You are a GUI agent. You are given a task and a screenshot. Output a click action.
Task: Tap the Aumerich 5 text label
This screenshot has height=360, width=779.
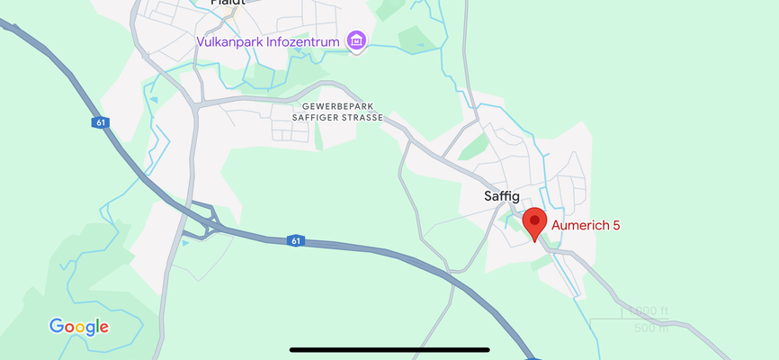(586, 225)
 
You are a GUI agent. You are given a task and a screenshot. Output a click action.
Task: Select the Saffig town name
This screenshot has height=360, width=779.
(503, 197)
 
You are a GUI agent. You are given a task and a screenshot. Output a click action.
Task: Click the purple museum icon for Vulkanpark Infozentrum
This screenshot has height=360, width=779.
(357, 40)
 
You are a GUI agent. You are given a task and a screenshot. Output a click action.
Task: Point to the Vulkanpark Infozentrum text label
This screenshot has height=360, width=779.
(269, 41)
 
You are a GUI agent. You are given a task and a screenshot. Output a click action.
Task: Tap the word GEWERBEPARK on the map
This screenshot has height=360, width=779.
(336, 106)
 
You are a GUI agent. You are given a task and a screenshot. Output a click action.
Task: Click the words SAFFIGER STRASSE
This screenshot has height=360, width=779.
(338, 118)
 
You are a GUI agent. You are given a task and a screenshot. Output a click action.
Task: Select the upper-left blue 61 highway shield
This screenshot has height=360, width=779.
(100, 122)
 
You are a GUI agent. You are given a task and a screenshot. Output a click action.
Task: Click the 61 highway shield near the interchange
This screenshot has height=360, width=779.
(296, 240)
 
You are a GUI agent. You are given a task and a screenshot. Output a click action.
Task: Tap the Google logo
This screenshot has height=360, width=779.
(79, 327)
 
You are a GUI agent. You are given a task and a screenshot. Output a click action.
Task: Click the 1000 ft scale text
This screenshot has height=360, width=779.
(649, 311)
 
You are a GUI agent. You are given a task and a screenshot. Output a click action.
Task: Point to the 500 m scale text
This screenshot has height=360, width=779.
(652, 328)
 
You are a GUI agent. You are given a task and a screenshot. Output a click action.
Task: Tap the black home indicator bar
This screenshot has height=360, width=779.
(389, 349)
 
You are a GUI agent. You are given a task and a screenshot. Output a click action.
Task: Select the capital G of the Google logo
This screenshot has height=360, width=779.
(56, 326)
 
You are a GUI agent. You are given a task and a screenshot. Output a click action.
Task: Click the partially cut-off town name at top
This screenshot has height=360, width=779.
(228, 3)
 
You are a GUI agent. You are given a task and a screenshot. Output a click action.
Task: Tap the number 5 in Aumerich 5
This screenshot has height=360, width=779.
(616, 225)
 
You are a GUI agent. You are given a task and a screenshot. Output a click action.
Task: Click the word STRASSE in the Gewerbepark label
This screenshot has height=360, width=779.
(362, 118)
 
